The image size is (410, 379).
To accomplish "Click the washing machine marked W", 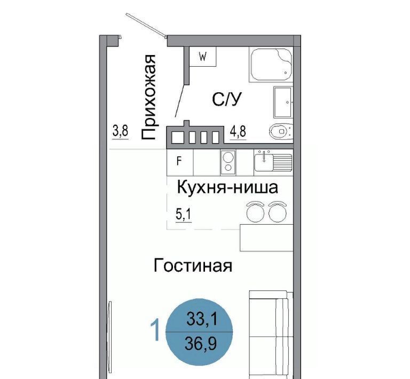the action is (x=203, y=57).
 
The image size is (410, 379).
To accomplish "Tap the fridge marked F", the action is (x=180, y=162).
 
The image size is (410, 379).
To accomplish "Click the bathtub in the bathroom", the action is (x=271, y=64).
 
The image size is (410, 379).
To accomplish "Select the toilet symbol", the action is (x=281, y=131).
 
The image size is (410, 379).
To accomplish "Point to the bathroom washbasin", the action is (x=282, y=102).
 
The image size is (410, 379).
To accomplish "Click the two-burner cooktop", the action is (x=228, y=162).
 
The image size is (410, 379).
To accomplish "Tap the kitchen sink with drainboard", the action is (x=273, y=161).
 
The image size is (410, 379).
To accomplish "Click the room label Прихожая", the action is (x=149, y=97).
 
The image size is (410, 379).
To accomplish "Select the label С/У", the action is (x=226, y=100).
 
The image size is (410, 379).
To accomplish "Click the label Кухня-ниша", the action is (x=227, y=188).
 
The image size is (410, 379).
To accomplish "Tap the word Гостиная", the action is (x=193, y=266).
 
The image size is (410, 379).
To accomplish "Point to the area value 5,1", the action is (x=184, y=215).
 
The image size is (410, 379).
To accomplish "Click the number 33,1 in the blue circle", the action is (x=202, y=319).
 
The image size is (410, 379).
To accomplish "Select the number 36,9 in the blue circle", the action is (x=201, y=344).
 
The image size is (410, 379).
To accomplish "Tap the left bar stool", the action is (x=256, y=212).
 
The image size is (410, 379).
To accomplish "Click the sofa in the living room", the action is (x=271, y=335).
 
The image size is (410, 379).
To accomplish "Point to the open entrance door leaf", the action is (x=146, y=25).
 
